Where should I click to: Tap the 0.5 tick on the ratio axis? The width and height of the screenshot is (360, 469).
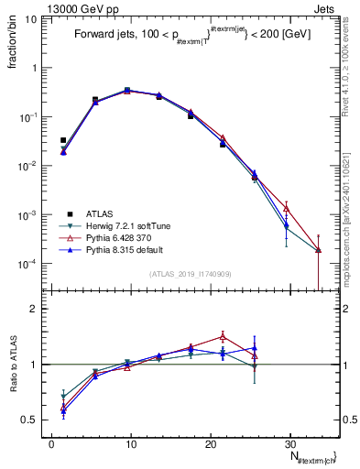pyautogui.click(x=30, y=420)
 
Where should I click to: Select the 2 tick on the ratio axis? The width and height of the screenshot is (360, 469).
pyautogui.click(x=35, y=309)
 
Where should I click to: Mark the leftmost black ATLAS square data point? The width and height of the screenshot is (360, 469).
pyautogui.click(x=63, y=140)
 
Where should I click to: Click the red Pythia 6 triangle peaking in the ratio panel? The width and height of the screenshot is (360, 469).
pyautogui.click(x=223, y=335)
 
